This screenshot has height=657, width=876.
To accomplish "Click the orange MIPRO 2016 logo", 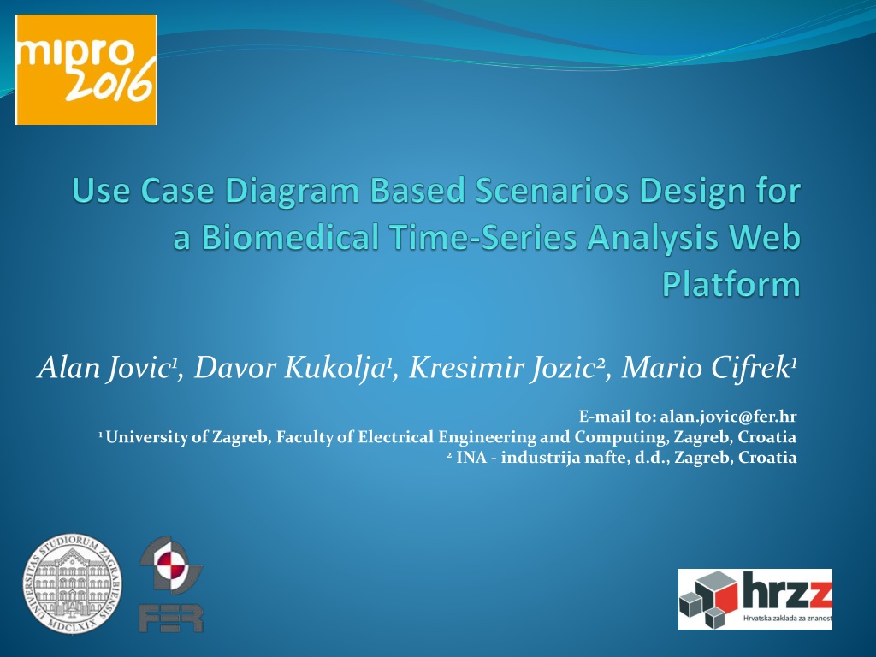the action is coord(86,70).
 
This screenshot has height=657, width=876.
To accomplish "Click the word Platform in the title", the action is coord(731,285).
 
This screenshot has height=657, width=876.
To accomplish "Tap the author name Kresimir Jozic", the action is coord(503,368).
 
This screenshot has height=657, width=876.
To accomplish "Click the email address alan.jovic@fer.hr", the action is coord(728,417).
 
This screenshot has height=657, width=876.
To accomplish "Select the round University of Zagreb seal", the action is coord(72,583).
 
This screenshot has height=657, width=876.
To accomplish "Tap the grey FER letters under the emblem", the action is coord(171,619).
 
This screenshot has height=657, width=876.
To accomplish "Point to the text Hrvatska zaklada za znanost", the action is coord(788,619).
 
